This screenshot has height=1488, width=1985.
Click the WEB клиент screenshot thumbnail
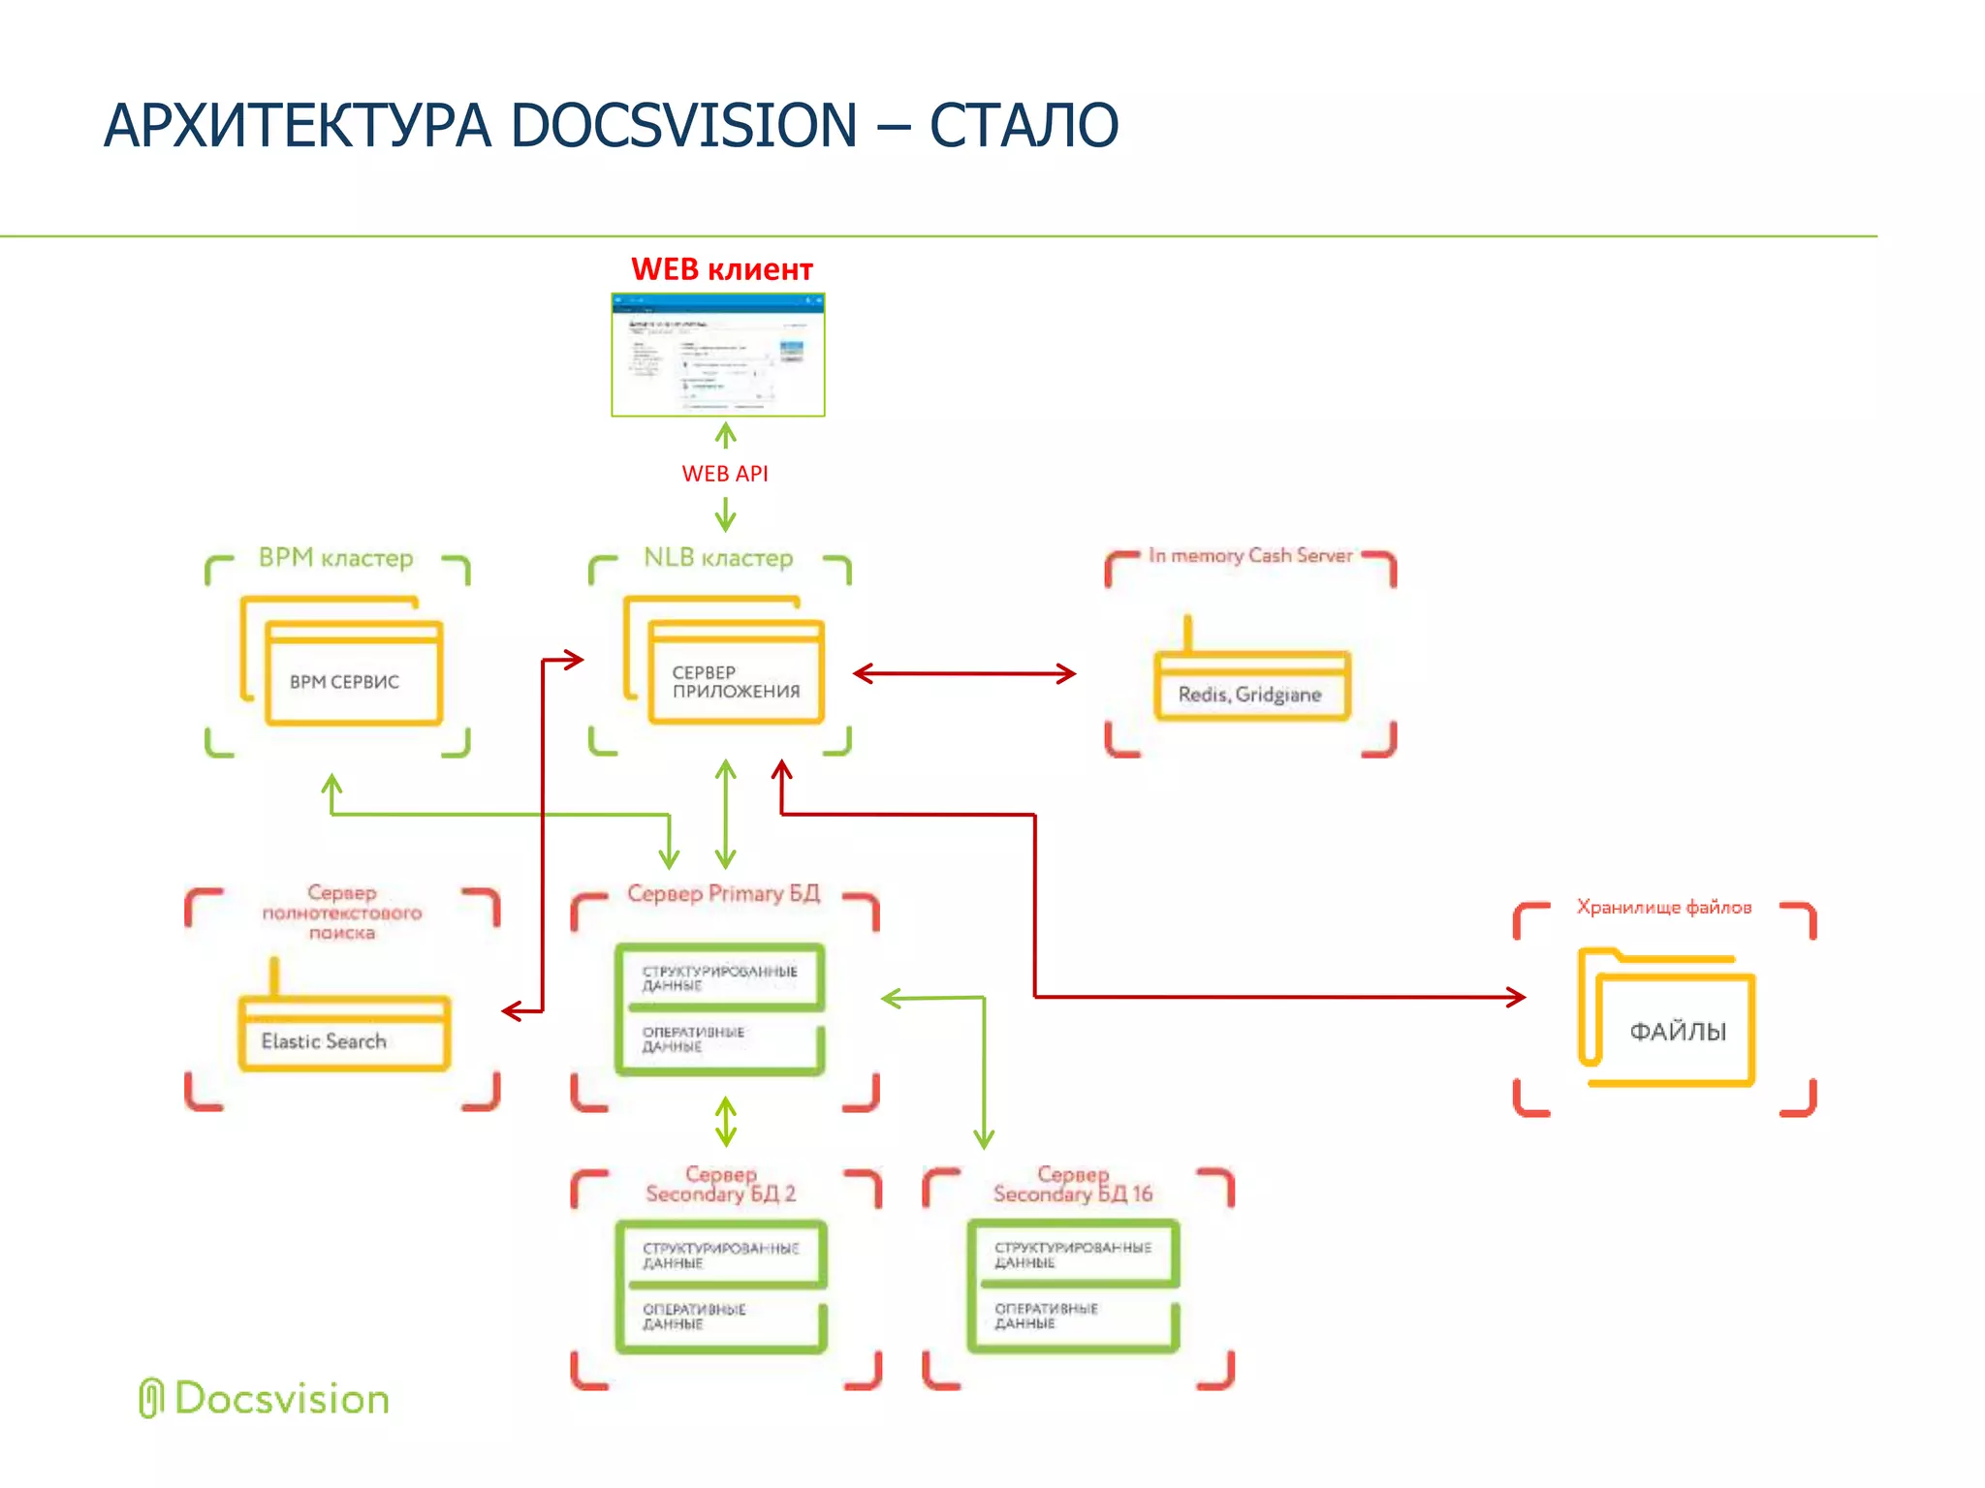tap(717, 355)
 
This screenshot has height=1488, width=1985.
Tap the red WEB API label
tap(724, 474)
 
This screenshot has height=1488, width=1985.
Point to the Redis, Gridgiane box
tap(1250, 689)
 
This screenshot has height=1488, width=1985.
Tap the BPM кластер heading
tap(335, 558)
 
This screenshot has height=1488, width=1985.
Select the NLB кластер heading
tap(718, 558)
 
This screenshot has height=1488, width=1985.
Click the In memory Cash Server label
tap(1250, 555)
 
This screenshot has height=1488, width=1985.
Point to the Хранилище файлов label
tap(1663, 907)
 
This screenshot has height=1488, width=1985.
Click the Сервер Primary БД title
tap(723, 893)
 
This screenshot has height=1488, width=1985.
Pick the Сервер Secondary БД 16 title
tap(1073, 1185)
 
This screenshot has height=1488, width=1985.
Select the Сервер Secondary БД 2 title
tap(720, 1185)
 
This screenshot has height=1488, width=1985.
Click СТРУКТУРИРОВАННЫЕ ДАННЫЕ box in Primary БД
tap(720, 976)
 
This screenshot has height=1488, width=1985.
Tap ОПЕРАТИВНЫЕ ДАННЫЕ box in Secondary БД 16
tap(1072, 1322)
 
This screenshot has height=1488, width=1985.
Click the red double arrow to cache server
tap(963, 673)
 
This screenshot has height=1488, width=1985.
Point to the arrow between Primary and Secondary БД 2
tap(725, 1121)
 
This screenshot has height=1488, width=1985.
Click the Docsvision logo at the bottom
tap(264, 1399)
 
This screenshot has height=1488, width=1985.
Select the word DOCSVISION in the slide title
tap(683, 126)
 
